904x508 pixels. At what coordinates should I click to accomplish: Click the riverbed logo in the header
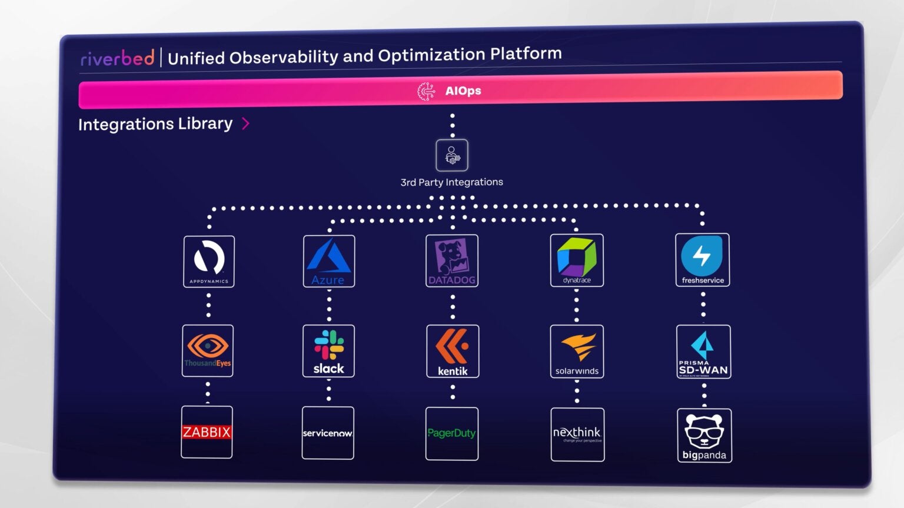(117, 58)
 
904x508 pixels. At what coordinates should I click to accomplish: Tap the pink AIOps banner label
(463, 91)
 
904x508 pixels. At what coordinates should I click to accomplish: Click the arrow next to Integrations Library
(246, 123)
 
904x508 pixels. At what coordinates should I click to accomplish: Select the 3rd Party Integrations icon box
(452, 155)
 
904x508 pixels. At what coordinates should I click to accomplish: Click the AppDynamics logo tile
(209, 262)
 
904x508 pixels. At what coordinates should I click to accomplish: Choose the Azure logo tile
(329, 261)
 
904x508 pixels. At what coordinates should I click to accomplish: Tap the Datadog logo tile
(452, 261)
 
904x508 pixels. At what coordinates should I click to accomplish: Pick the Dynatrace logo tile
(577, 260)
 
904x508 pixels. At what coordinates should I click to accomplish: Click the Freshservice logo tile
(702, 260)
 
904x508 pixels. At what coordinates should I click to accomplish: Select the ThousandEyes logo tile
(208, 350)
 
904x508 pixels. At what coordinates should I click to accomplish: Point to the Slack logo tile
(328, 351)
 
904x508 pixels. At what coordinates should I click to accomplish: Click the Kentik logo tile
(453, 351)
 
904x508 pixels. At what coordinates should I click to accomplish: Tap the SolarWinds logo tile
(577, 352)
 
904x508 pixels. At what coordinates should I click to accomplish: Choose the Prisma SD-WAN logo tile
(703, 352)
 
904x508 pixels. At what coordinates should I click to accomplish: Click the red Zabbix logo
(207, 432)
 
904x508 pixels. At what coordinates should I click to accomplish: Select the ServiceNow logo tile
(328, 433)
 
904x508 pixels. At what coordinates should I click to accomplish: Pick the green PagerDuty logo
(451, 433)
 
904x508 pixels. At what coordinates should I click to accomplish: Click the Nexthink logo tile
(577, 435)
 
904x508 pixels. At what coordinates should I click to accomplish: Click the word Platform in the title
(526, 54)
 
